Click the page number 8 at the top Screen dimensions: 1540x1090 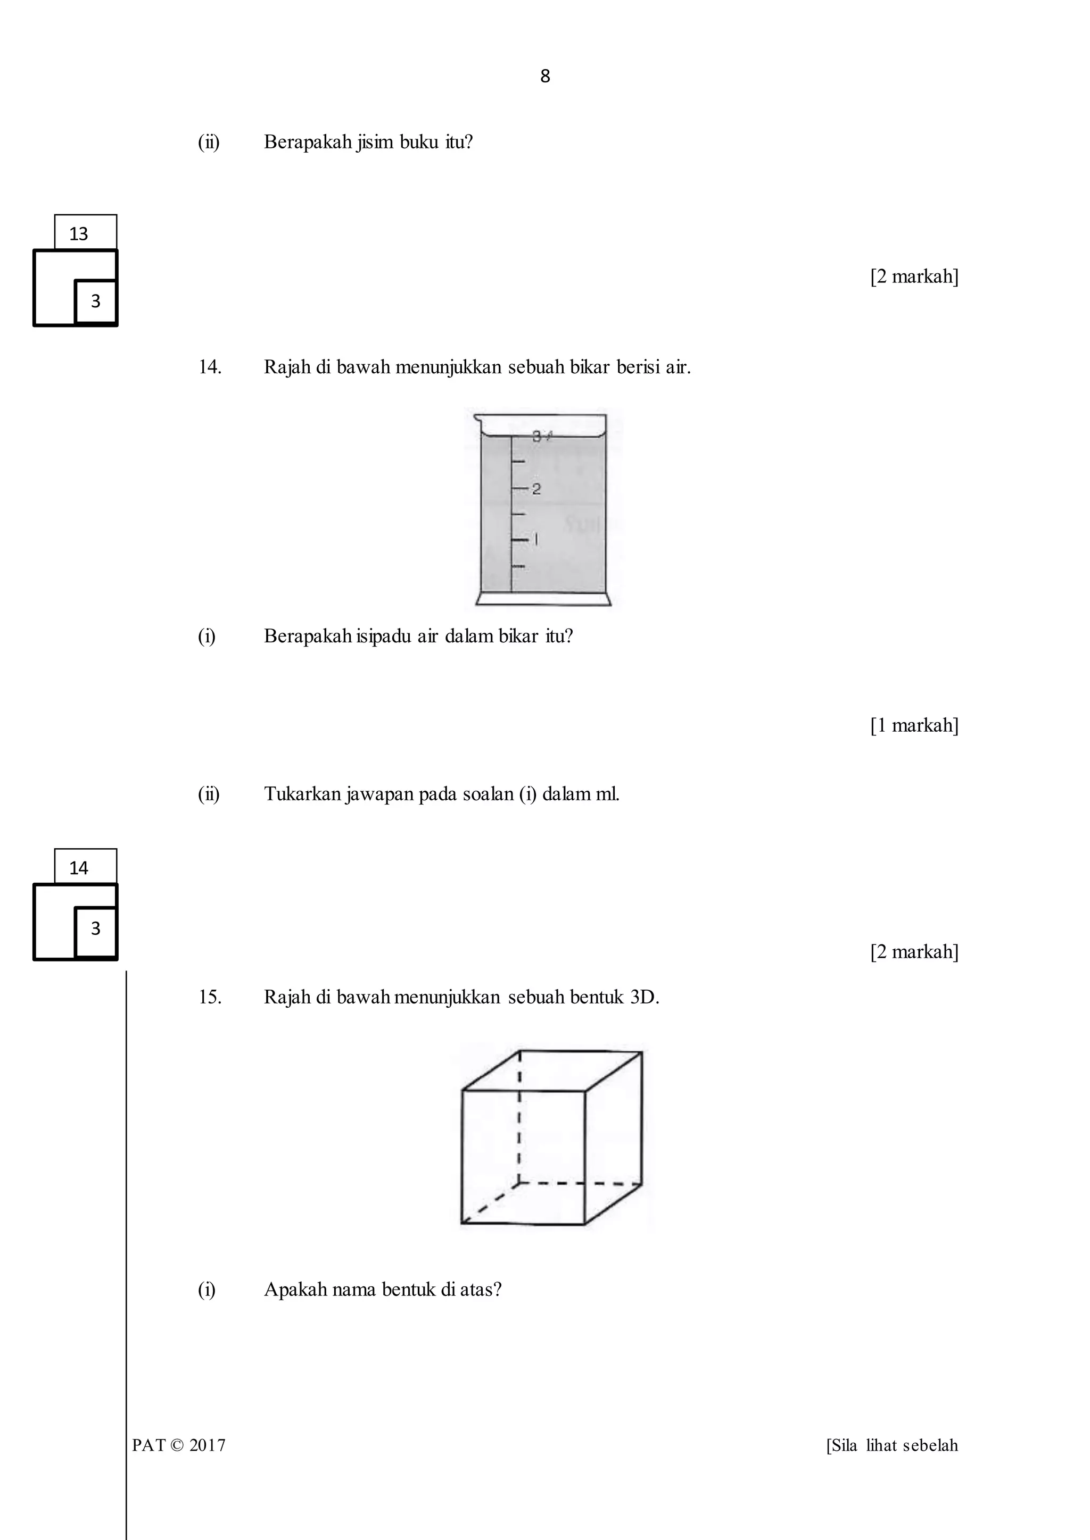[x=544, y=77]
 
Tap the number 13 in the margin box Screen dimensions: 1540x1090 [x=79, y=233]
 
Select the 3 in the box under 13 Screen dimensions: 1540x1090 [x=95, y=301]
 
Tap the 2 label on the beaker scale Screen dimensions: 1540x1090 [x=536, y=489]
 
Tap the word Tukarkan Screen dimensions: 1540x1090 [x=303, y=794]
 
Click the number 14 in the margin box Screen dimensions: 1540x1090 [x=79, y=868]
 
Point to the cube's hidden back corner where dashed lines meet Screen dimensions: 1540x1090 [x=519, y=1183]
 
